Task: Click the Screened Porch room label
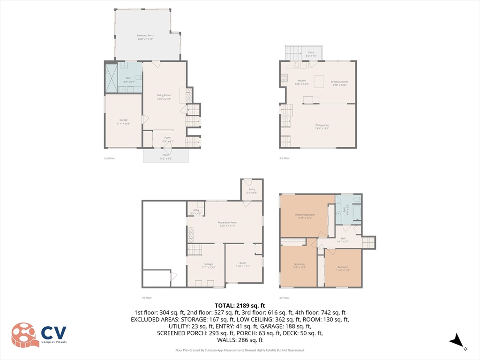click(x=145, y=36)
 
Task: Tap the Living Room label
click(x=164, y=95)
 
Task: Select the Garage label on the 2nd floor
click(x=123, y=120)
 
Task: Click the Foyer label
click(x=167, y=138)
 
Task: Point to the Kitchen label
click(x=301, y=82)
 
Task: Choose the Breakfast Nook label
click(x=339, y=82)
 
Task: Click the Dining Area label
click(x=322, y=125)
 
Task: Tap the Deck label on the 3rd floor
click(x=311, y=52)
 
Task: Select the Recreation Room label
click(x=227, y=222)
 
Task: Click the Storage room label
click(x=208, y=264)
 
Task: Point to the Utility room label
click(x=196, y=210)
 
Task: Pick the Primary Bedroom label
click(x=305, y=215)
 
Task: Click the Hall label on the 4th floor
click(x=343, y=238)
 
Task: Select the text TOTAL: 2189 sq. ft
click(x=240, y=305)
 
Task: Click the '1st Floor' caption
click(x=147, y=298)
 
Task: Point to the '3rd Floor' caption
click(x=284, y=158)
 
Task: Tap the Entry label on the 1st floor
click(x=252, y=189)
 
